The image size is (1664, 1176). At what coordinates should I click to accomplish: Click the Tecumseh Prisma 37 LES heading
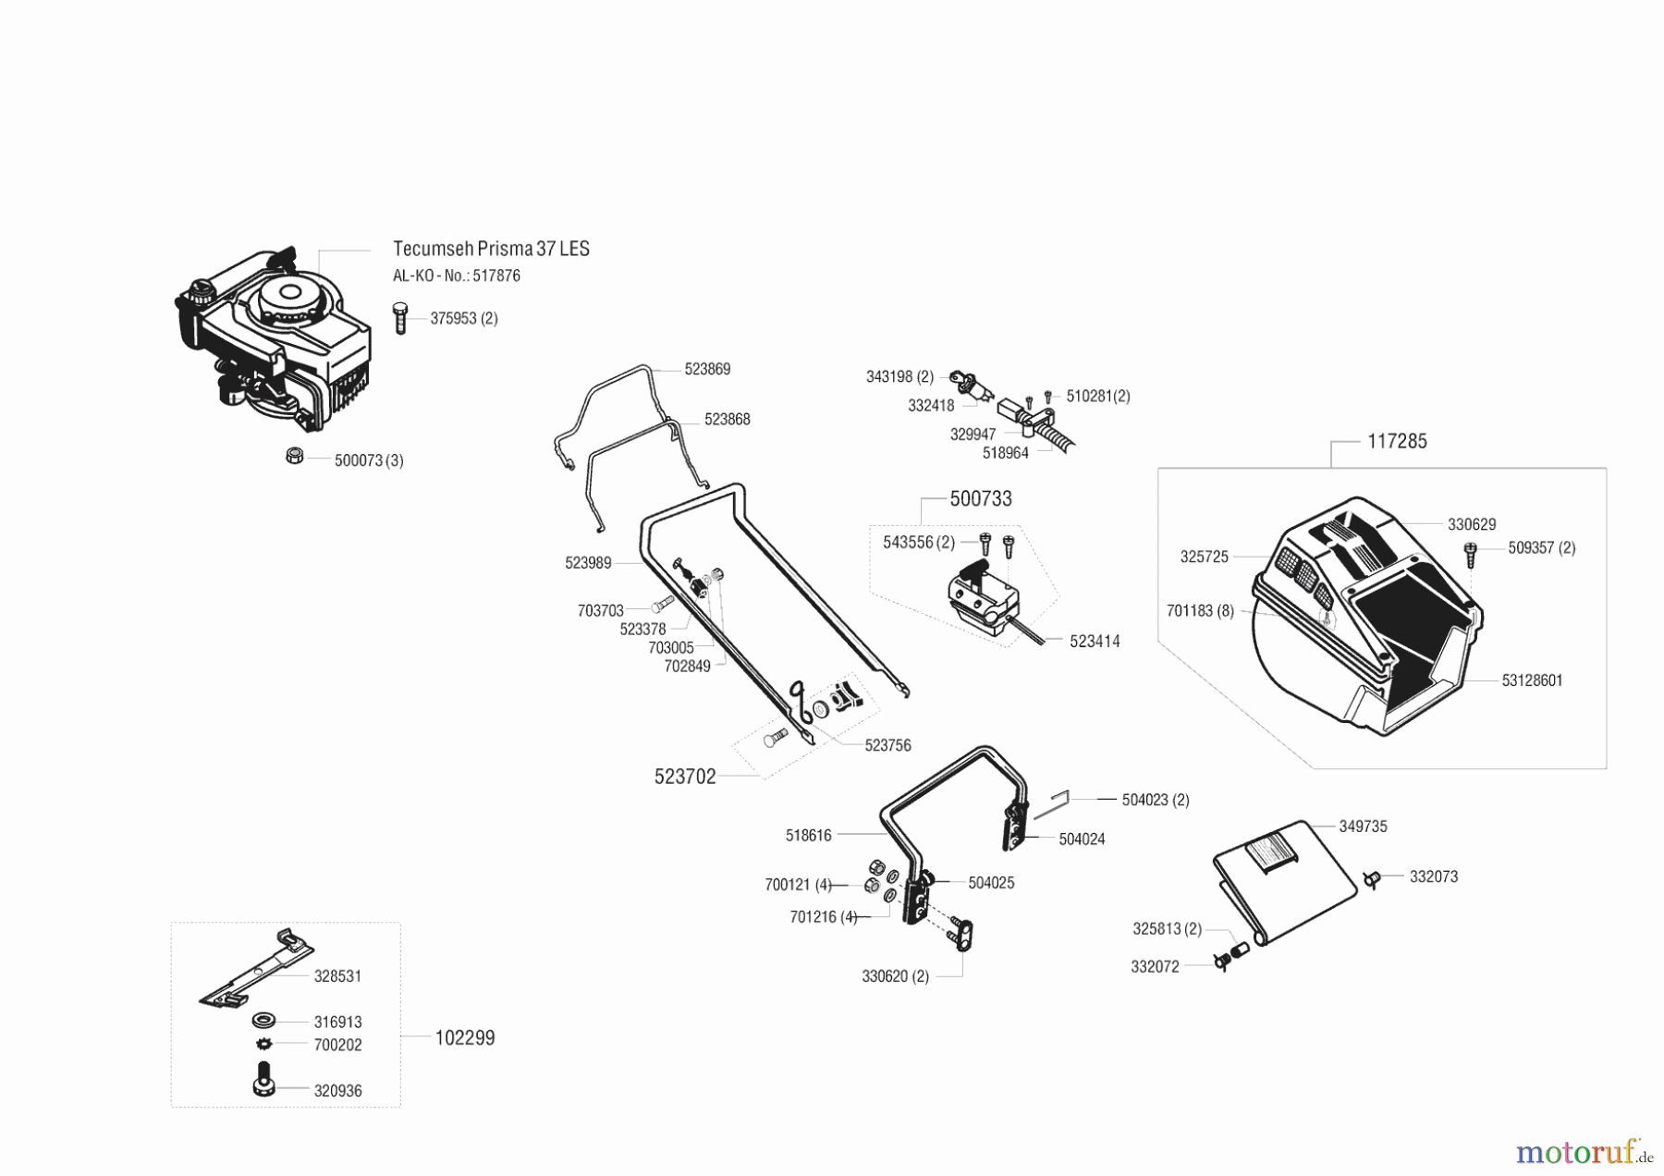[491, 249]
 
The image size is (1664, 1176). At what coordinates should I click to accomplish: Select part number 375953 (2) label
[464, 318]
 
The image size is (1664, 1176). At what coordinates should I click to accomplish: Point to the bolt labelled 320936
[263, 1079]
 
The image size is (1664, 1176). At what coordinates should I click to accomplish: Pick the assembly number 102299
[465, 1038]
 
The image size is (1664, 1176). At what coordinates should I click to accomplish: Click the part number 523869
[707, 369]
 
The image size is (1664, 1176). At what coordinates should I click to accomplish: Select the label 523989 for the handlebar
[588, 563]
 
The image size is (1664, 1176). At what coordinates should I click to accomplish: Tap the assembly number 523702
[685, 778]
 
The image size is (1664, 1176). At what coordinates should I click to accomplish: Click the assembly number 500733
[981, 499]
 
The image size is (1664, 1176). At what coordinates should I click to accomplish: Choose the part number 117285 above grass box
[1397, 442]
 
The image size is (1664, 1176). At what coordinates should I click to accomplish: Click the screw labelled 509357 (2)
[1470, 554]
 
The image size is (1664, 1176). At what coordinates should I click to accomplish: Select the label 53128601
[1532, 680]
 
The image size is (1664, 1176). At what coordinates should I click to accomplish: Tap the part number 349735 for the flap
[1363, 827]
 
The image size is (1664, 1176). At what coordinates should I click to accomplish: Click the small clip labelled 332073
[1373, 878]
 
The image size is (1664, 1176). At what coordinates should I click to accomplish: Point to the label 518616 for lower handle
[809, 836]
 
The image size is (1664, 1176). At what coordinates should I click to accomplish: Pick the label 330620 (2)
[895, 976]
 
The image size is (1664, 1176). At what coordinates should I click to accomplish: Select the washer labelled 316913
[263, 1022]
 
